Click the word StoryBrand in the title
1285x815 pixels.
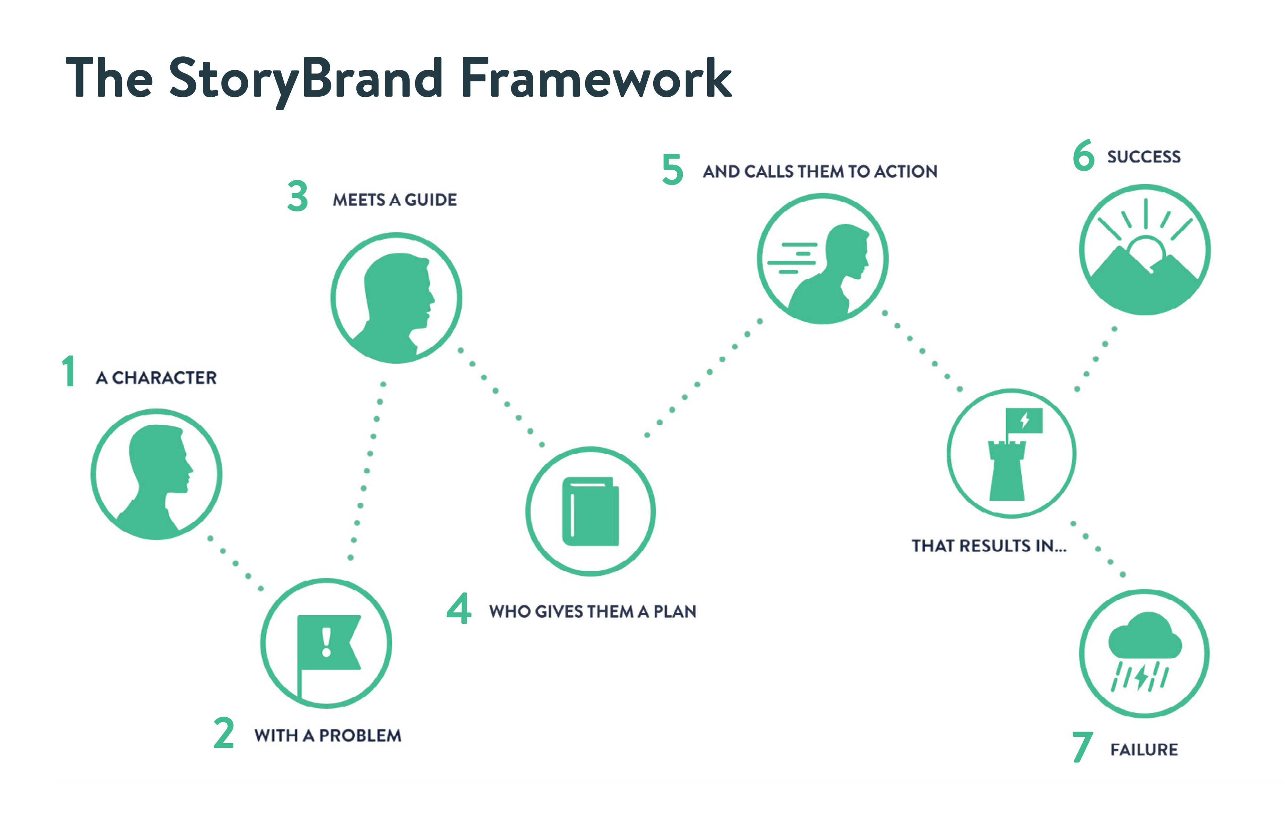coord(306,80)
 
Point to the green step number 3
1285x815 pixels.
coord(298,196)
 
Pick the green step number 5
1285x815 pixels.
coord(673,169)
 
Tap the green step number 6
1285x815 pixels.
coord(1084,155)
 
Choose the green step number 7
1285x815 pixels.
coord(1082,747)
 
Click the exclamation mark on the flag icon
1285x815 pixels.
coord(326,642)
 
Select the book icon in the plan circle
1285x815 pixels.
coord(591,511)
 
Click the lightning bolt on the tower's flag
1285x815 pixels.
coord(1025,421)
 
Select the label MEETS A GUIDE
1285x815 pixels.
coord(395,200)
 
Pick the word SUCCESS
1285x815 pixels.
coord(1143,156)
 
